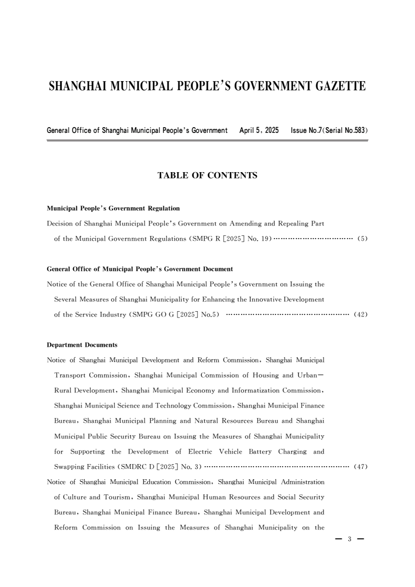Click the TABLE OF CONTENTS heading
(207, 176)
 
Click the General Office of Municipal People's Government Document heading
(140, 269)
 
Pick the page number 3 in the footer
(349, 539)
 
